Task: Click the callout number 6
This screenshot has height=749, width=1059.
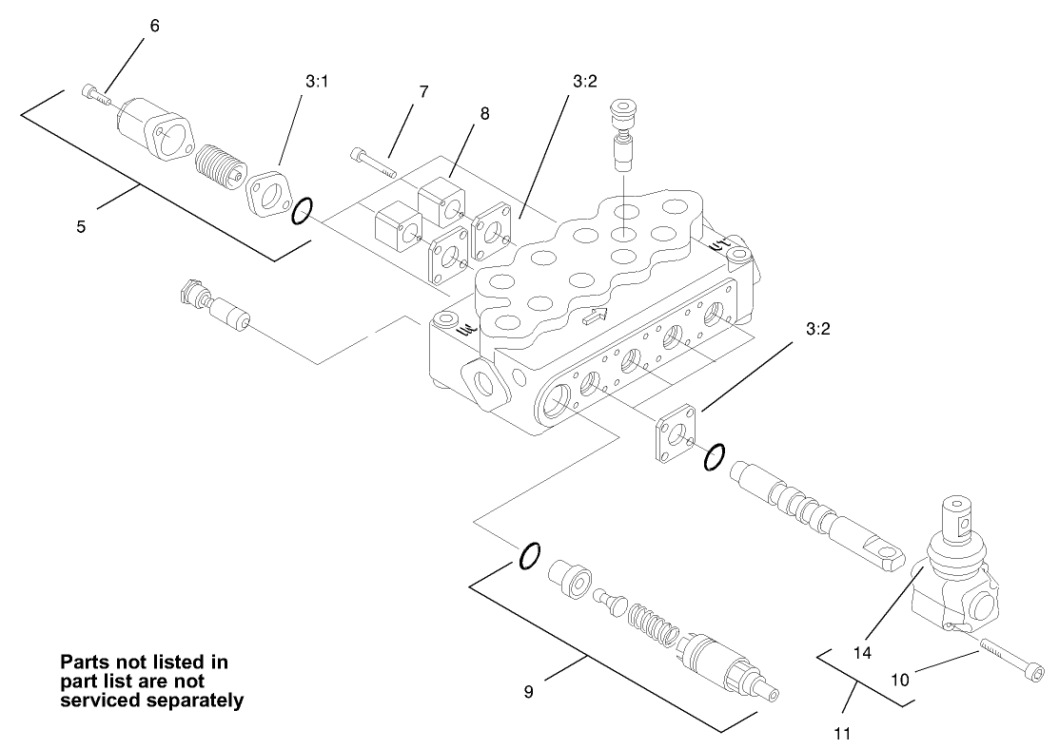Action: point(154,26)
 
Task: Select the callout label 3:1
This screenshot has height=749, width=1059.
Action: point(317,83)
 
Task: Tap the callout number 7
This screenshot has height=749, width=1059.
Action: point(423,92)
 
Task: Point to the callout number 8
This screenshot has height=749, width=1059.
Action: point(484,113)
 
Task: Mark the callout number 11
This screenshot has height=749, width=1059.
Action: point(840,733)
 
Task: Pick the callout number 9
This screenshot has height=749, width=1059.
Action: point(528,692)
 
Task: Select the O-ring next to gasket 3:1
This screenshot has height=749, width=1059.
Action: point(300,211)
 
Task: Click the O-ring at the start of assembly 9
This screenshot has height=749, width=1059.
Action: point(530,555)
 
